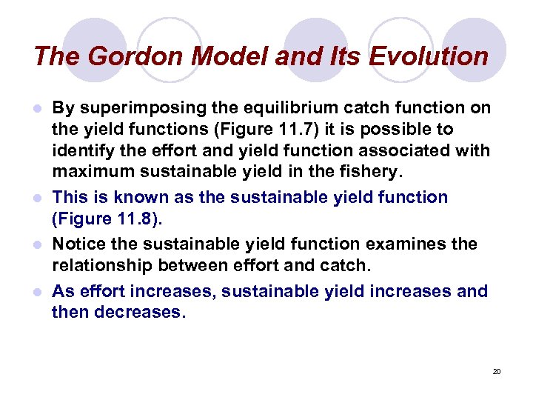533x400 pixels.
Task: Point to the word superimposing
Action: point(132,107)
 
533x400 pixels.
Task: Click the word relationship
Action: point(101,266)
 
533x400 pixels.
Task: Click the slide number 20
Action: point(497,371)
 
